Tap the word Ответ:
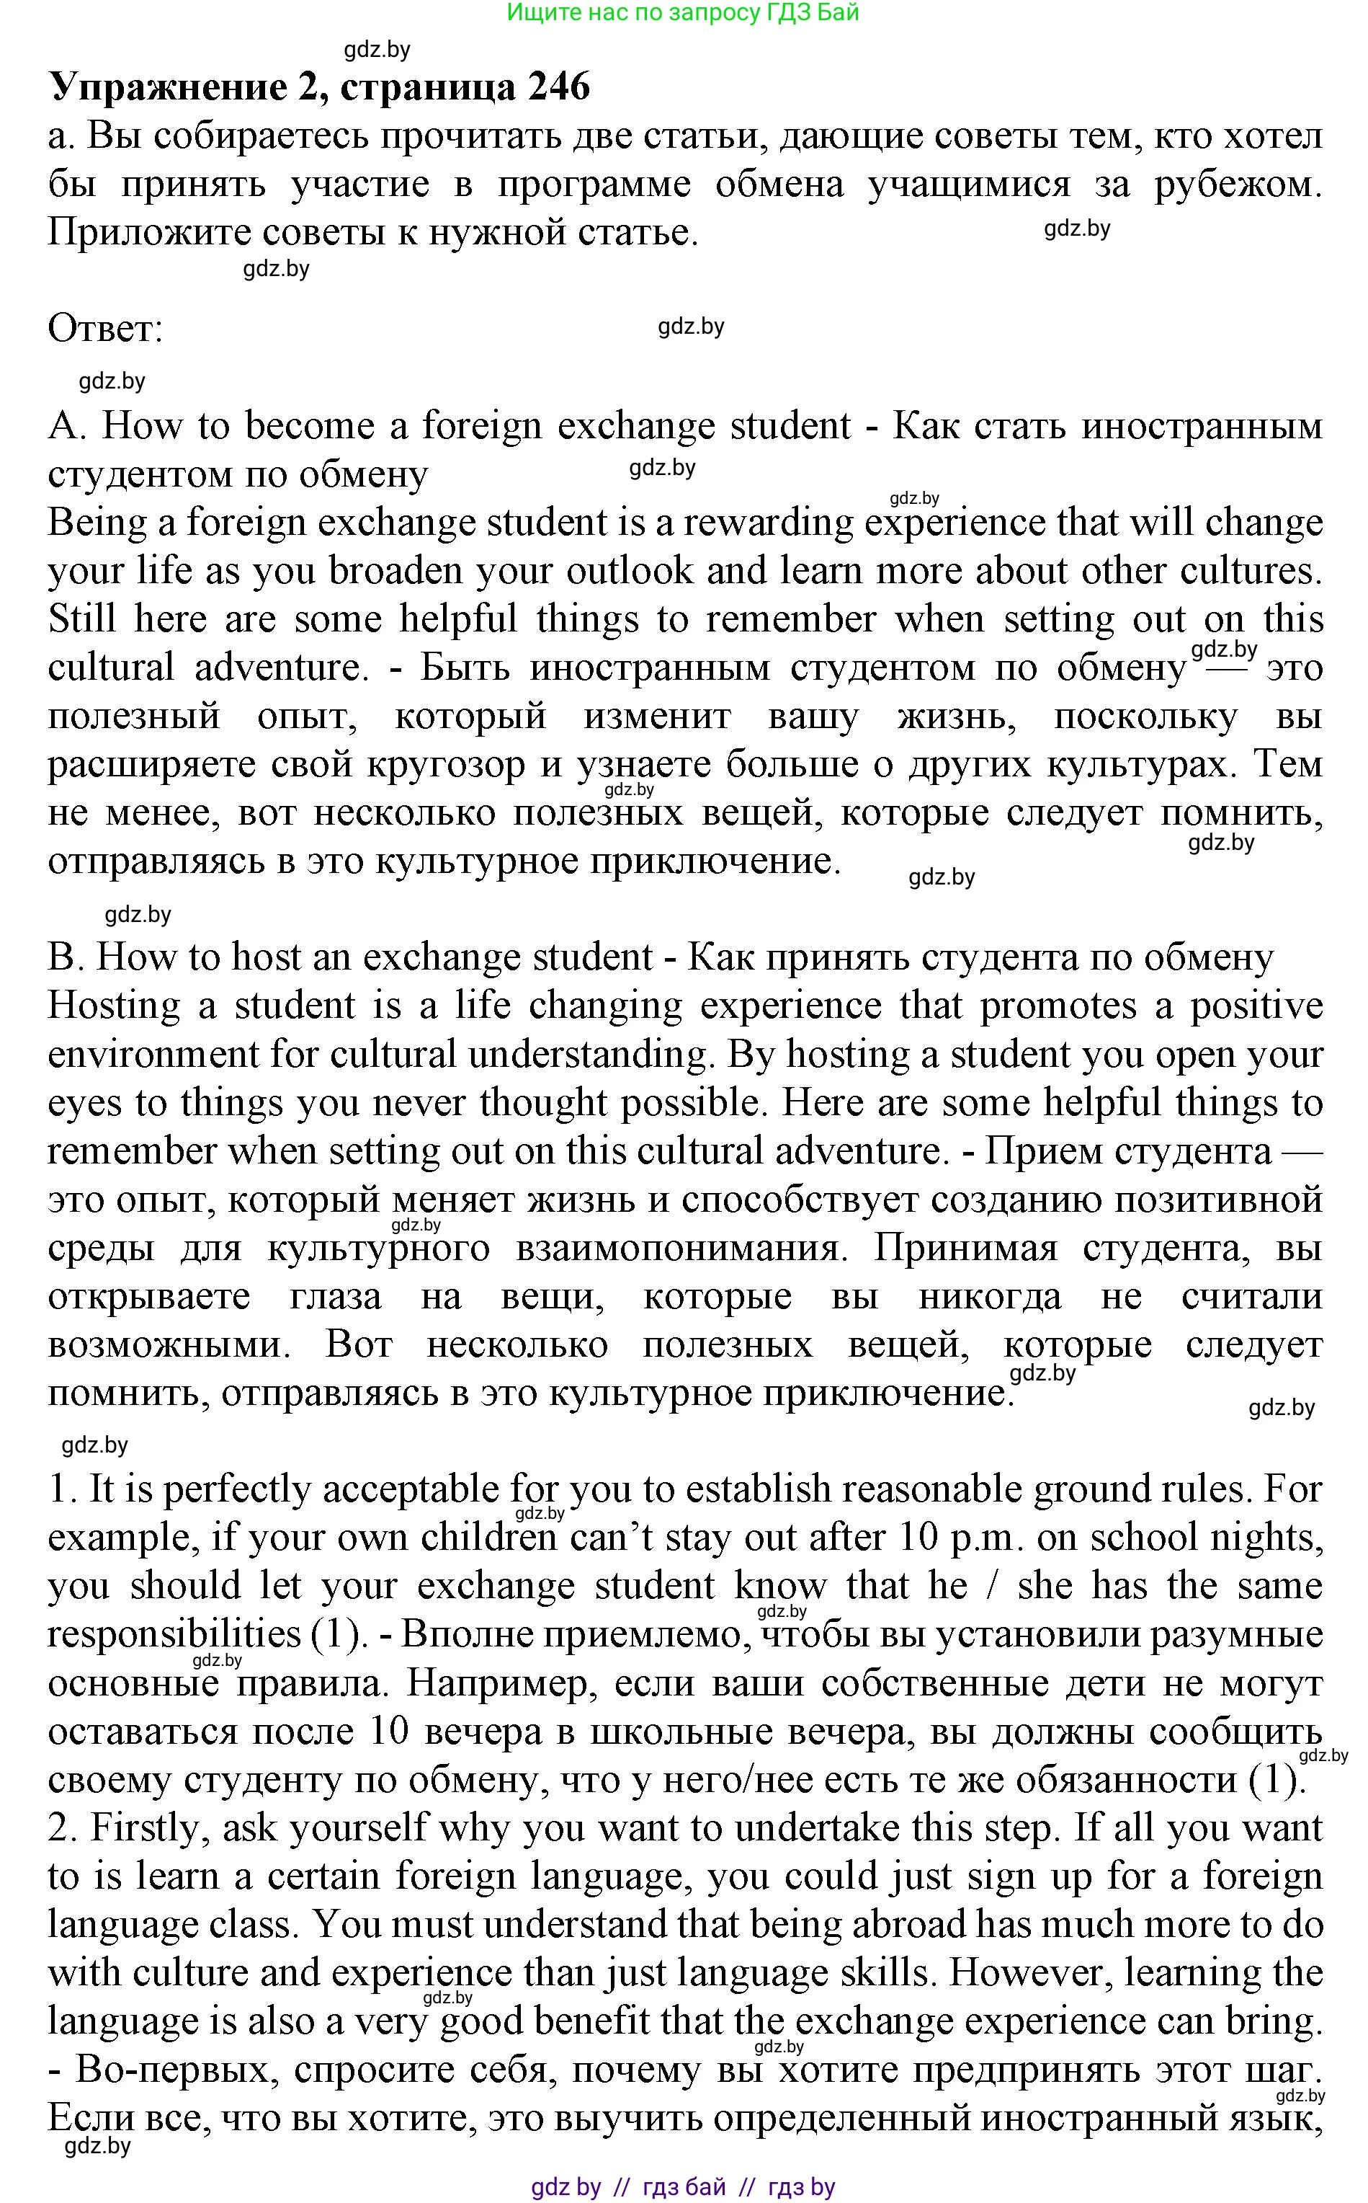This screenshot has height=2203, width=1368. (105, 328)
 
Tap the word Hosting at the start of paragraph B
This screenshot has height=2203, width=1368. (113, 1006)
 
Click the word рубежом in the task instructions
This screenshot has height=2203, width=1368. (1237, 185)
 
